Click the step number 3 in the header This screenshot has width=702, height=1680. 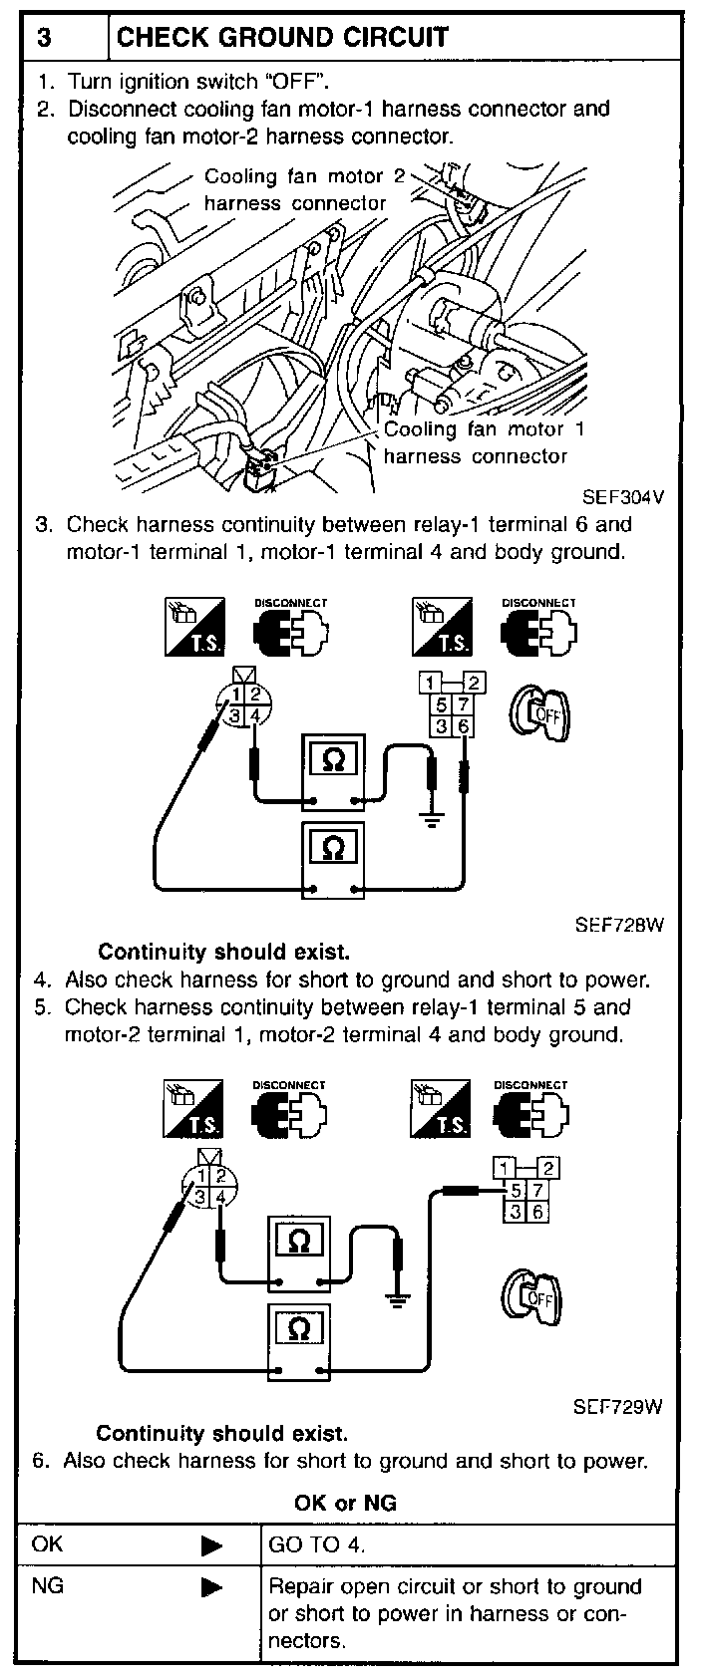coord(45,38)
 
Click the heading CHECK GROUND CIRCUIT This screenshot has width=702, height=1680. coord(282,38)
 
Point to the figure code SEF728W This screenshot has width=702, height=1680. coord(618,924)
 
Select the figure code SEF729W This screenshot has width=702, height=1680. coord(617,1407)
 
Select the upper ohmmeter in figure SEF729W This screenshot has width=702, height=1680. coord(298,1253)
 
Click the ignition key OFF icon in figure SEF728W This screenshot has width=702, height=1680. coord(539,714)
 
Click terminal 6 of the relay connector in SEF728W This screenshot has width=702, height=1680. coord(464,727)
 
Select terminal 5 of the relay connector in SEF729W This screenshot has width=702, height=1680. coord(516,1190)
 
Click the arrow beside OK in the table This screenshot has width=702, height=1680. coord(211,1546)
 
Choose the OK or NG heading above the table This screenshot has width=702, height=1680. coord(345,1503)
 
